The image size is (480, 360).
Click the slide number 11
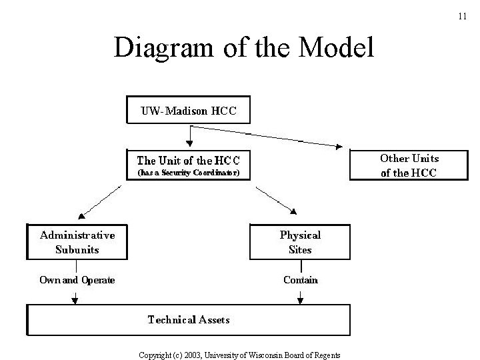click(463, 15)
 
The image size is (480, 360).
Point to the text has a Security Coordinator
click(187, 173)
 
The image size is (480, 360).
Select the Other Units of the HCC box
click(409, 165)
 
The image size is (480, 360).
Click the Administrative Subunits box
click(78, 242)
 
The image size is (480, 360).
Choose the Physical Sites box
click(300, 242)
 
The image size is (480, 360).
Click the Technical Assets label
click(189, 319)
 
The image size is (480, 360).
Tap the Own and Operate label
click(77, 280)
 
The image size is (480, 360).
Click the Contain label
click(301, 280)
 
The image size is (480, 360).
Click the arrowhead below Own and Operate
click(75, 301)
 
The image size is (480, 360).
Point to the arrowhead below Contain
click(301, 301)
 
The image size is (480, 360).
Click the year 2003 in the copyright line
click(192, 355)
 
